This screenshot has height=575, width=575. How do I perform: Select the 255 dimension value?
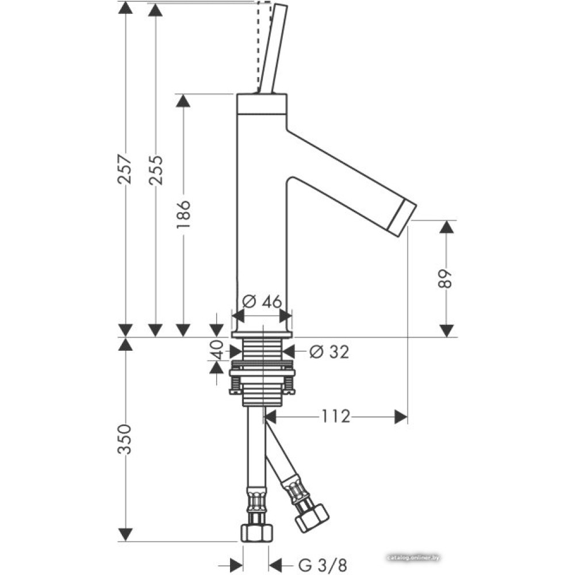tap(155, 169)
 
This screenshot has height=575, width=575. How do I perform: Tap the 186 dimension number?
tap(183, 215)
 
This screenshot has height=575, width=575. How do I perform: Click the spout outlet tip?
tap(403, 219)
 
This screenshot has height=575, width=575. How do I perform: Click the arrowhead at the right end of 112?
tap(401, 416)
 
